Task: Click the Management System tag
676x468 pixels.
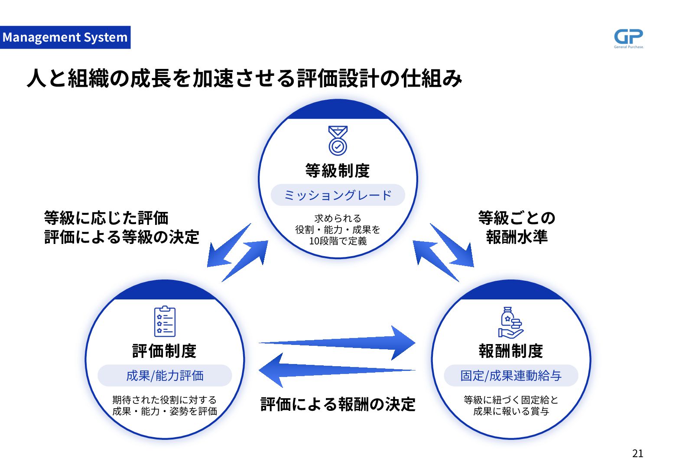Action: click(65, 37)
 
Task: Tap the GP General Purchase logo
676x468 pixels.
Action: click(628, 38)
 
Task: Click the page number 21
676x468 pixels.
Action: click(637, 453)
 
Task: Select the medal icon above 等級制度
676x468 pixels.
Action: click(338, 140)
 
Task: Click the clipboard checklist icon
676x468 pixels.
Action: click(165, 321)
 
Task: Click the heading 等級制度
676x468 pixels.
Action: click(338, 171)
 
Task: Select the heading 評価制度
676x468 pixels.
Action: click(165, 351)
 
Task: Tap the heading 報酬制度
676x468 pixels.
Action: click(511, 351)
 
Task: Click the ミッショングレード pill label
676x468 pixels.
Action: click(338, 195)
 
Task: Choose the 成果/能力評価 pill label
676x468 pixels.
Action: click(165, 376)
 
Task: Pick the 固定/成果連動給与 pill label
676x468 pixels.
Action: click(511, 376)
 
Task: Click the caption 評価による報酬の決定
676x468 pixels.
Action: click(338, 404)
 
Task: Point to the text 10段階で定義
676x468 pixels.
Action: click(338, 241)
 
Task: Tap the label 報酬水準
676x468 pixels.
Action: click(517, 237)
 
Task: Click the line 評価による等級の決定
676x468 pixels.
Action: click(122, 237)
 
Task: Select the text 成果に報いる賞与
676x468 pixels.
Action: click(511, 411)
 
